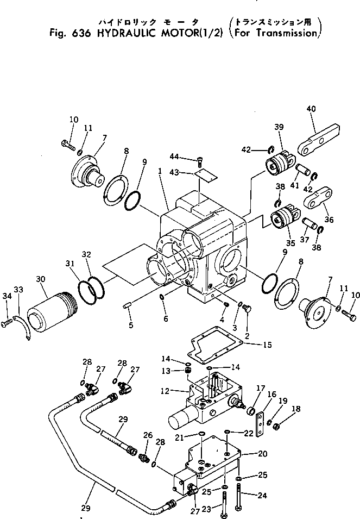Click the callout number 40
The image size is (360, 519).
click(311, 109)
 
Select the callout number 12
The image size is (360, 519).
click(168, 391)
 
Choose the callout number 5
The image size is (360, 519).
click(130, 326)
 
